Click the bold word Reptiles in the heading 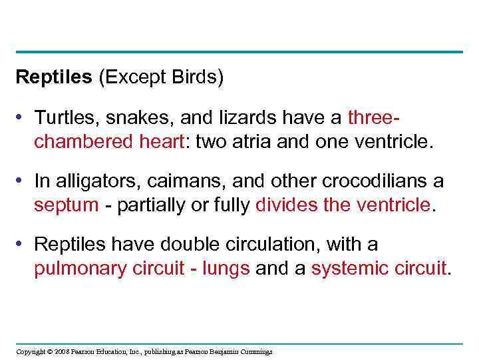point(54,78)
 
